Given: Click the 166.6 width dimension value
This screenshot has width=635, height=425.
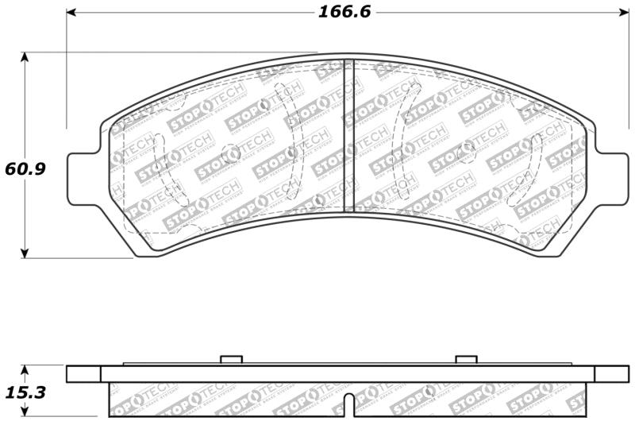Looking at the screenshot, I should coord(344,12).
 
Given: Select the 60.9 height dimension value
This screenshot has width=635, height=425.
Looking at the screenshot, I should coord(24,168).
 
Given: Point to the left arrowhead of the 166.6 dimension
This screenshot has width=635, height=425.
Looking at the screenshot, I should coord(71,13).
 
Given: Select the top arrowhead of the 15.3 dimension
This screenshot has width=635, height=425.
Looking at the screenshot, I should coord(25,370).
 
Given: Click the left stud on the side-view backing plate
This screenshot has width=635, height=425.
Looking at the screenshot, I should coord(230,360).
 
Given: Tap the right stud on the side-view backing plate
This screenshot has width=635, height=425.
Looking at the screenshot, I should coord(465,360).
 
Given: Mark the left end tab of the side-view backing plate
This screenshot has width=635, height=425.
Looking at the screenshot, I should coord(83,374).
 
